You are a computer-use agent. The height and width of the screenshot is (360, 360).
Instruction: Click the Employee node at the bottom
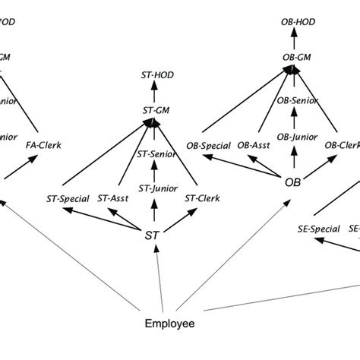tap(169, 324)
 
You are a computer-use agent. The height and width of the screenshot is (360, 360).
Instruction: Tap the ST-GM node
tap(155, 109)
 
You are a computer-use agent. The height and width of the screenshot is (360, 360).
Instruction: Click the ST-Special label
tap(69, 199)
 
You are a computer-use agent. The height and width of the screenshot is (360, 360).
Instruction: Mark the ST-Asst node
tap(114, 199)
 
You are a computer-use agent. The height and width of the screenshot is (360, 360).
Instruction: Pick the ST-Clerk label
tap(202, 199)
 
